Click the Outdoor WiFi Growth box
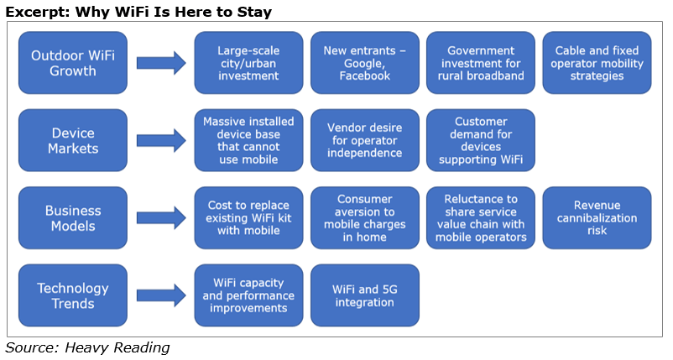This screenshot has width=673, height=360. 73,63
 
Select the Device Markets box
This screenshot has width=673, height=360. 73,140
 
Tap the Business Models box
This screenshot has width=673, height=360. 73,218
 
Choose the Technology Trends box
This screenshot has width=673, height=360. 73,295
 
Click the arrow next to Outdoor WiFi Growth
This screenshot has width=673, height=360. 161,63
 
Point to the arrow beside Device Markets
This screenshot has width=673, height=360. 161,141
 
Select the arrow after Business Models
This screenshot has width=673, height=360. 161,218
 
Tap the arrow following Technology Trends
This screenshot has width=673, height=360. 161,295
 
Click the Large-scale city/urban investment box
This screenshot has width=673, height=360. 249,63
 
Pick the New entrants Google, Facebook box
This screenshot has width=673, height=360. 365,63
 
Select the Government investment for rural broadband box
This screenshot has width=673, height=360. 481,63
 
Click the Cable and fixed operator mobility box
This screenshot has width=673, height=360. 597,63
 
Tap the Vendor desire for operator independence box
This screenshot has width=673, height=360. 365,140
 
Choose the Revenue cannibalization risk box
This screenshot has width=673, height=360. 597,218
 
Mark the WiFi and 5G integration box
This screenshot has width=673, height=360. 365,295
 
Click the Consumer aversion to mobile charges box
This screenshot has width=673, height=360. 365,218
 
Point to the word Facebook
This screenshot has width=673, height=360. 365,76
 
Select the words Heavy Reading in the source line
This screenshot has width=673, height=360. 117,347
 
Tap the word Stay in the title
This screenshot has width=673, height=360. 254,12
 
